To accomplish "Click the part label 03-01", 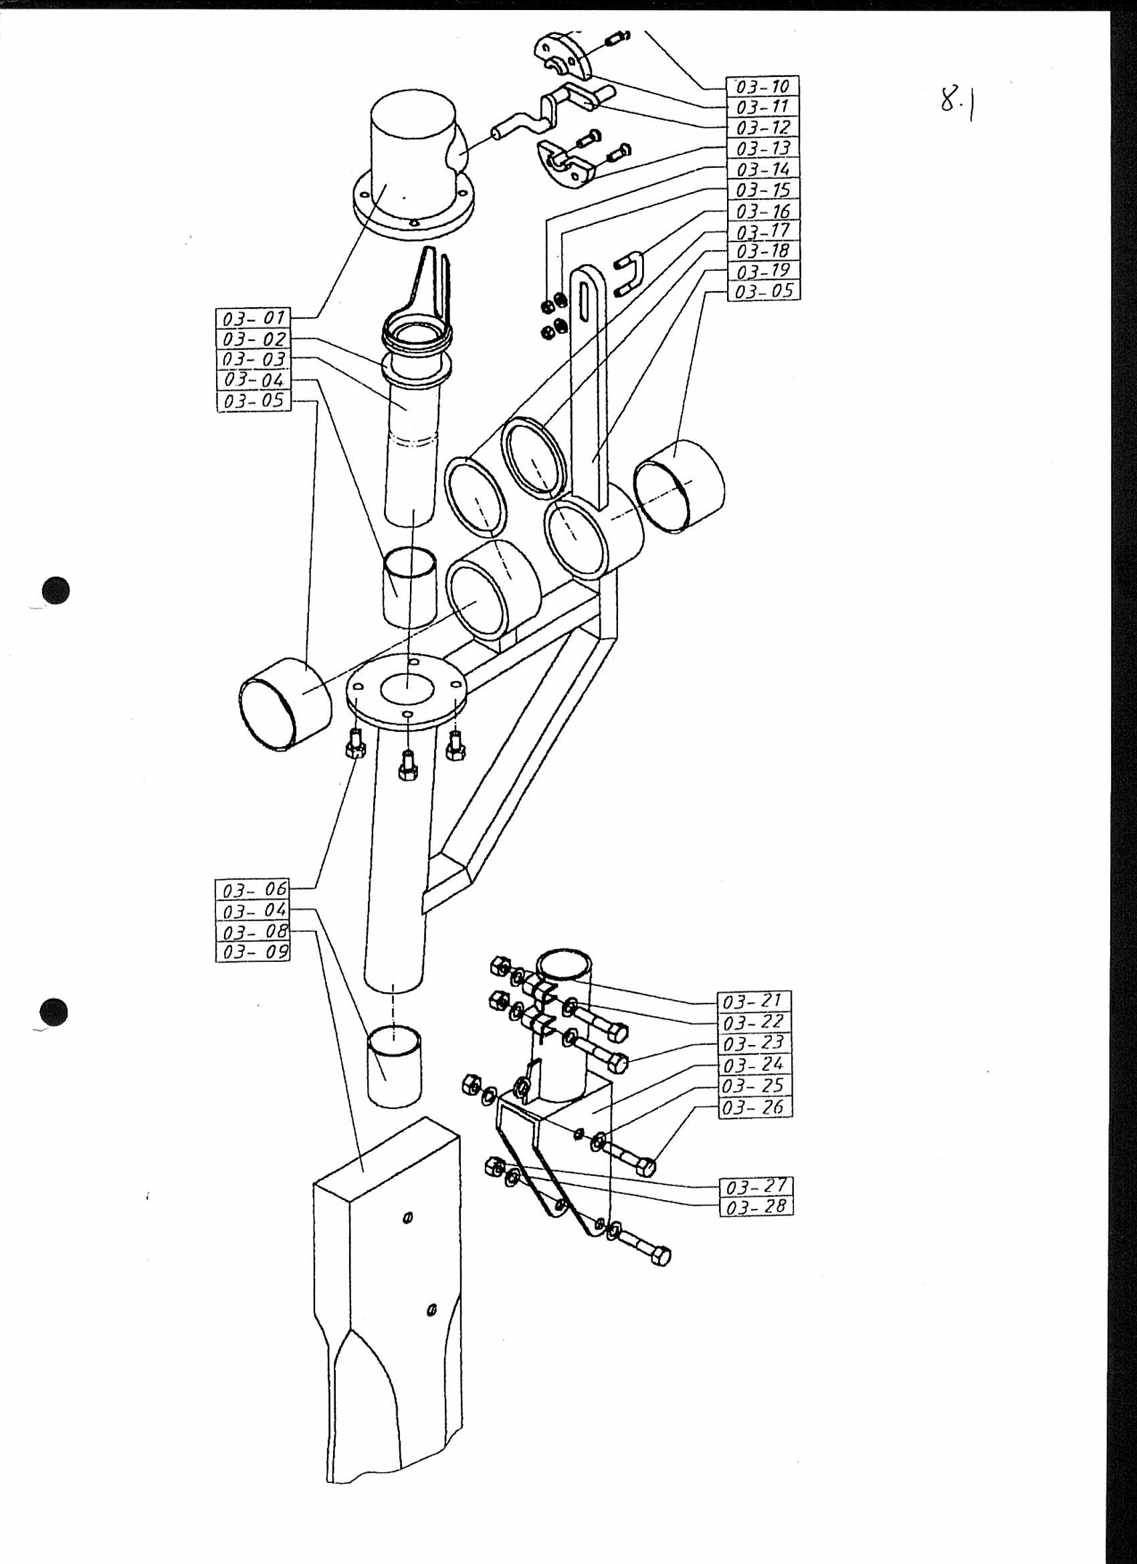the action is pyautogui.click(x=253, y=319).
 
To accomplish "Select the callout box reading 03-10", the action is pyautogui.click(x=762, y=86).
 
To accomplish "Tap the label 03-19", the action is pyautogui.click(x=762, y=270).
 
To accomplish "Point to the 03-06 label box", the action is pyautogui.click(x=253, y=890).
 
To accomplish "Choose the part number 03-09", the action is pyautogui.click(x=253, y=953).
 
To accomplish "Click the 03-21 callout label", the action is pyautogui.click(x=756, y=1001).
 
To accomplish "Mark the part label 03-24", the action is pyautogui.click(x=756, y=1065).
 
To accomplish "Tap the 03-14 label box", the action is pyautogui.click(x=762, y=169).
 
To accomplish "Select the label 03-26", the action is pyautogui.click(x=756, y=1108).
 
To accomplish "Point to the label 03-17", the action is pyautogui.click(x=762, y=230).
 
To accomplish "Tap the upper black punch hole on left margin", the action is pyautogui.click(x=56, y=590).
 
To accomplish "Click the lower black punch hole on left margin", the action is pyautogui.click(x=54, y=1013).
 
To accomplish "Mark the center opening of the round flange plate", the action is pyautogui.click(x=407, y=691).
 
